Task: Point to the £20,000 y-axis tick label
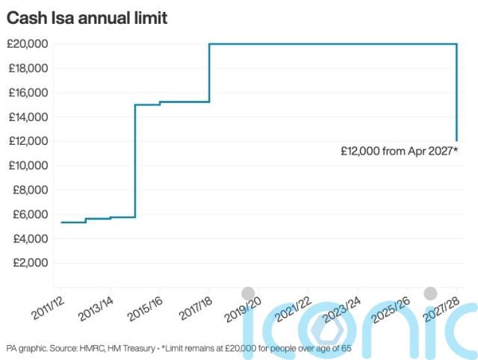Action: coord(28,44)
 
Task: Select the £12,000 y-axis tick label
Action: coord(28,141)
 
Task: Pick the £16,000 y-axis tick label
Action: coord(28,93)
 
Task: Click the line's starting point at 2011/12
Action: coord(61,222)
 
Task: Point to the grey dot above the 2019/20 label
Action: coord(248,293)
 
